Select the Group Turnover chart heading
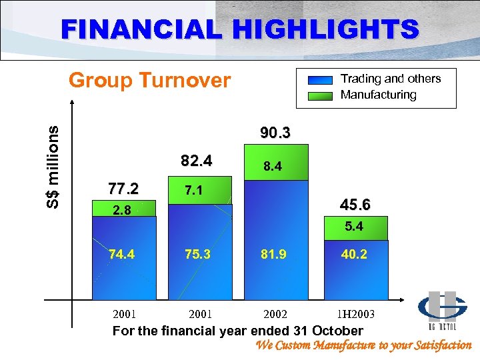pos(150,81)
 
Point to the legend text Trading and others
pos(391,79)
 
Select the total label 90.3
pos(275,133)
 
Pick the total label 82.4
pos(197,161)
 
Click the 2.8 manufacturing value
pos(122,211)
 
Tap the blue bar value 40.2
pos(353,254)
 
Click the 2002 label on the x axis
pos(275,313)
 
